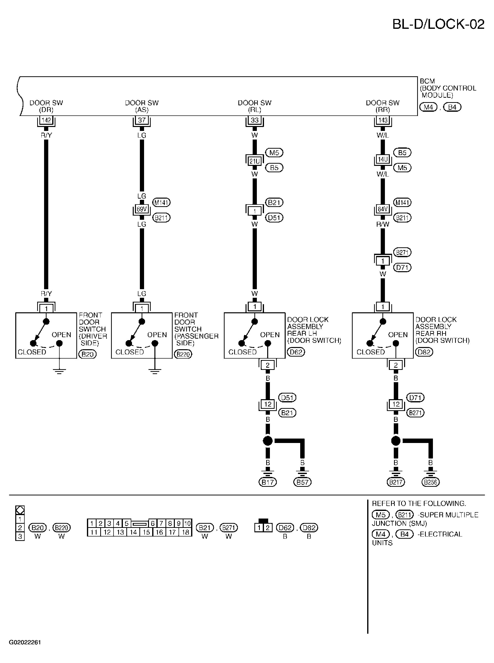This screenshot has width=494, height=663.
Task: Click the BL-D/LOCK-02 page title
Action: point(438,24)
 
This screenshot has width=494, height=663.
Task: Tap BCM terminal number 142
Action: point(46,120)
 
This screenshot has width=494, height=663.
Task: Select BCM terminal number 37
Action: point(142,120)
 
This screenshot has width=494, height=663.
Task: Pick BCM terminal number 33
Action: point(254,120)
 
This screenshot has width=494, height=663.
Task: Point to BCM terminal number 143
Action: point(383,120)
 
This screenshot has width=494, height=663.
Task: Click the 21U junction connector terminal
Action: point(254,161)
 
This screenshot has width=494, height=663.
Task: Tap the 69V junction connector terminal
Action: point(142,209)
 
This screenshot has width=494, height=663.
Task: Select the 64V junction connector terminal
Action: point(383,209)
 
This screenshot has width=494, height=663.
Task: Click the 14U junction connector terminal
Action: point(383,159)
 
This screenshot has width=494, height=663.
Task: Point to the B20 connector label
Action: point(88,354)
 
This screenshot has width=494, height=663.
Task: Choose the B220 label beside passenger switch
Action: point(183,354)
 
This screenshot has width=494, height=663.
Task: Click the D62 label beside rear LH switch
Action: point(296,352)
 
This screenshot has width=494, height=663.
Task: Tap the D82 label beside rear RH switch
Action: point(424,352)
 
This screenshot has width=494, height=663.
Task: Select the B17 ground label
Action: point(268,482)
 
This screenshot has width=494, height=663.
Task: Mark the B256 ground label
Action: point(431,482)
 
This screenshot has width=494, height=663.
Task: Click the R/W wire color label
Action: point(383,224)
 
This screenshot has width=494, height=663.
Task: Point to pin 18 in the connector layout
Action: point(186,532)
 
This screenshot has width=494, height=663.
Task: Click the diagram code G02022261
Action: point(25,642)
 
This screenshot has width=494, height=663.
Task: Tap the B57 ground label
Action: point(302,482)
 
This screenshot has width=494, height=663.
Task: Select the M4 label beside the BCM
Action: point(428,107)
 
